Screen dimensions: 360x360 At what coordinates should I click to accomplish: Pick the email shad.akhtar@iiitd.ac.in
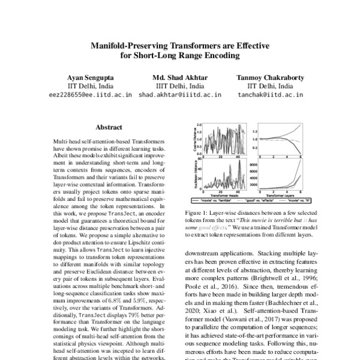(179, 94)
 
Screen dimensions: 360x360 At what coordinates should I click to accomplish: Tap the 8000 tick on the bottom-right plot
(252, 163)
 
